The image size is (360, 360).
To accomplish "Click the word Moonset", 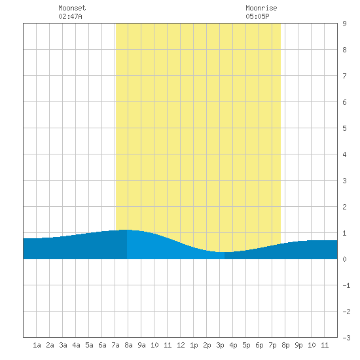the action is pyautogui.click(x=72, y=8).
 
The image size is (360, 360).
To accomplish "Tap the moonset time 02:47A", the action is pyautogui.click(x=70, y=16).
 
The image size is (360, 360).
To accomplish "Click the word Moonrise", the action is pyautogui.click(x=261, y=8).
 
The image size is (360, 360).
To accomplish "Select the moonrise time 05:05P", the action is pyautogui.click(x=257, y=16).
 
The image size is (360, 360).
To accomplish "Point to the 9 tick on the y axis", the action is pyautogui.click(x=344, y=24).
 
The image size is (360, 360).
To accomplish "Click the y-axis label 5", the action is pyautogui.click(x=344, y=128).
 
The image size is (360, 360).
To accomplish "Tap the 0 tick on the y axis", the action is pyautogui.click(x=344, y=259).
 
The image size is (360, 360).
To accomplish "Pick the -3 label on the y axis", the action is pyautogui.click(x=346, y=338).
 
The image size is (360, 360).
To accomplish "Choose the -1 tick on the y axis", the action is pyautogui.click(x=346, y=285).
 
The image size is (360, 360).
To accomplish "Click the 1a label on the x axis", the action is pyautogui.click(x=37, y=345).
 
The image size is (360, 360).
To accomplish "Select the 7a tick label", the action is pyautogui.click(x=115, y=345).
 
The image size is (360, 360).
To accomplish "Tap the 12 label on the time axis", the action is pyautogui.click(x=181, y=345).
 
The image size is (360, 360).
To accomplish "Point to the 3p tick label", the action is pyautogui.click(x=220, y=345).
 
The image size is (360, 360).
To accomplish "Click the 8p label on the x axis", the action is pyautogui.click(x=285, y=345).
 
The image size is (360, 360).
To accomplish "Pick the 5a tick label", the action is pyautogui.click(x=89, y=345).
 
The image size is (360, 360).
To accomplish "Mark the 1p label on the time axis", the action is pyautogui.click(x=194, y=345).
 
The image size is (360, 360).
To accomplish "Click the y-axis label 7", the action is pyautogui.click(x=344, y=76).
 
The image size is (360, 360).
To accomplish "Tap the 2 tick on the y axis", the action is pyautogui.click(x=344, y=207).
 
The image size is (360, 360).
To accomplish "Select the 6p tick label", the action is pyautogui.click(x=259, y=345).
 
